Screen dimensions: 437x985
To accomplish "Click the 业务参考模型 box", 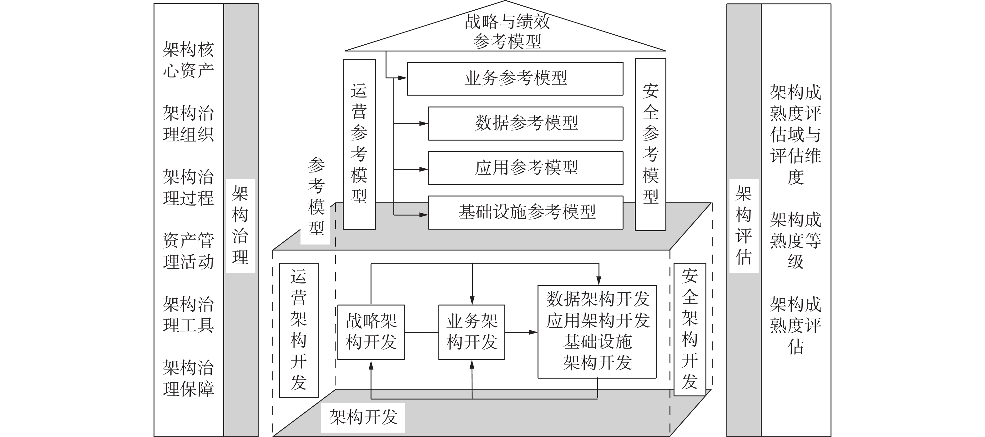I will pyautogui.click(x=515, y=79).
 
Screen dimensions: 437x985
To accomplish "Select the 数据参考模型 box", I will pyautogui.click(x=525, y=123).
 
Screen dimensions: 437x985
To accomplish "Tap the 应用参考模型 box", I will pyautogui.click(x=525, y=168).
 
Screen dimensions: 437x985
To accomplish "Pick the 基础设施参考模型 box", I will pyautogui.click(x=525, y=212).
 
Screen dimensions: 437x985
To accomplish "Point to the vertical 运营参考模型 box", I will pyautogui.click(x=359, y=144).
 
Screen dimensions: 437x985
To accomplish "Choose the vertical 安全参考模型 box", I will pyautogui.click(x=650, y=144).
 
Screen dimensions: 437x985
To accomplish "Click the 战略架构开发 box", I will pyautogui.click(x=371, y=332).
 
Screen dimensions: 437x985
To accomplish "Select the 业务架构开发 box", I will pyautogui.click(x=472, y=332).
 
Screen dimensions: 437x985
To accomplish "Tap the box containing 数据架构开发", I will pyautogui.click(x=597, y=331).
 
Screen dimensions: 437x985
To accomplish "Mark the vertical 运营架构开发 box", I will pyautogui.click(x=299, y=330).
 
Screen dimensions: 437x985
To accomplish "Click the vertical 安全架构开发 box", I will pyautogui.click(x=689, y=329).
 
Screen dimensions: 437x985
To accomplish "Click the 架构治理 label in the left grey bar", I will pyautogui.click(x=240, y=226).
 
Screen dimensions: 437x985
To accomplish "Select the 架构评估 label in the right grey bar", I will pyautogui.click(x=743, y=226).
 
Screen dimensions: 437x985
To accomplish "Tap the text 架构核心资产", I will pyautogui.click(x=188, y=60).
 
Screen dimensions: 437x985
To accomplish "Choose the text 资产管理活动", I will pyautogui.click(x=188, y=251).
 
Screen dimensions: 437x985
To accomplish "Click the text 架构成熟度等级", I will pyautogui.click(x=795, y=241).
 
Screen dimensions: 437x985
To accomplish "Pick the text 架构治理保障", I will pyautogui.click(x=188, y=379).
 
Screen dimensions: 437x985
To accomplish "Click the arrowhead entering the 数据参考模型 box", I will pyautogui.click(x=424, y=123).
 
